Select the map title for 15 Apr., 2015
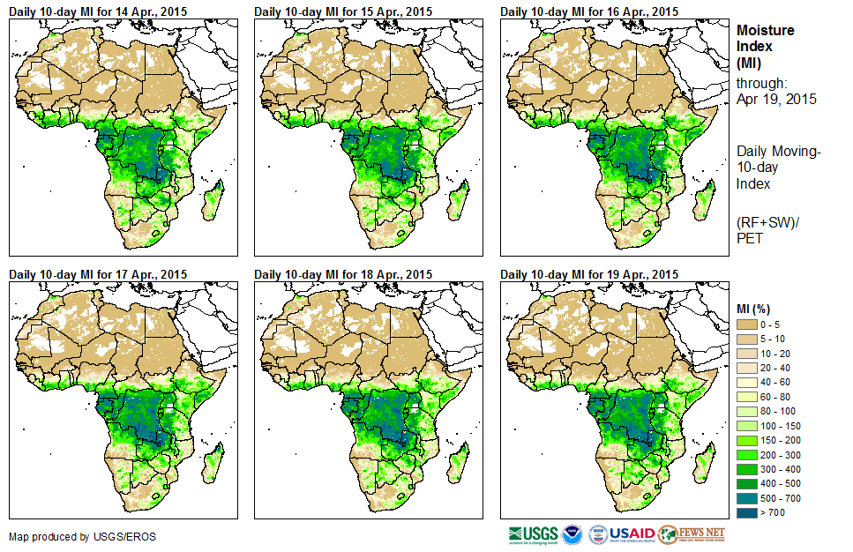[x=343, y=11]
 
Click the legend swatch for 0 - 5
[x=746, y=325]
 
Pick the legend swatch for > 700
[x=746, y=511]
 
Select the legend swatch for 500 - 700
[x=746, y=497]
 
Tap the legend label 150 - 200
[x=780, y=440]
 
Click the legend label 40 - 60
[x=777, y=383]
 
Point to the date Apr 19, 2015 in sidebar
[x=776, y=99]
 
